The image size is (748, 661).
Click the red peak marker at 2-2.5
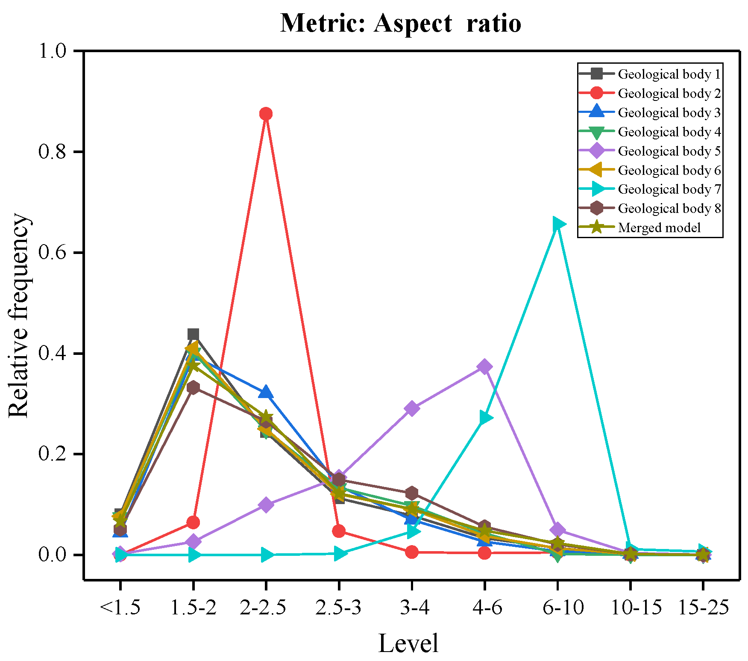(266, 114)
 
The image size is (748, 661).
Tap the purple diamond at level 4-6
(484, 366)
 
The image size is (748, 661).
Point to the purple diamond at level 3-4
(411, 408)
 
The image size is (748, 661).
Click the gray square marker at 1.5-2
(193, 334)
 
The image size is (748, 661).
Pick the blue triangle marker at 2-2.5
(266, 392)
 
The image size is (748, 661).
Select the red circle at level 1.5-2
(193, 522)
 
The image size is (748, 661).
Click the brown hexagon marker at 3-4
(411, 493)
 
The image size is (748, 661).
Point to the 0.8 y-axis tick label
(52, 152)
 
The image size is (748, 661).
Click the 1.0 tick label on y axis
(52, 51)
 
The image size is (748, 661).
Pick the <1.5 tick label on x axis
(120, 607)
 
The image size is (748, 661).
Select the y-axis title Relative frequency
(19, 315)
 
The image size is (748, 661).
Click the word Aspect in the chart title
(413, 23)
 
